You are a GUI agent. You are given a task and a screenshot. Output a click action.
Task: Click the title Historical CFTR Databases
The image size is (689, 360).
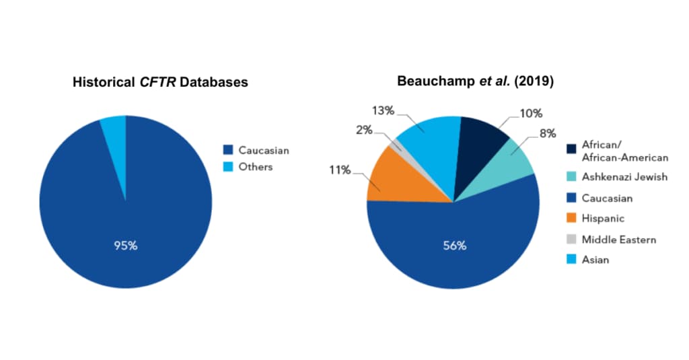click(160, 83)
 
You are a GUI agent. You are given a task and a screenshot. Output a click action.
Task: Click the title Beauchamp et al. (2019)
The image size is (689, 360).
click(476, 81)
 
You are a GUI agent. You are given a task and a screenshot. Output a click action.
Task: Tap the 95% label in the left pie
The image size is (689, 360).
click(125, 245)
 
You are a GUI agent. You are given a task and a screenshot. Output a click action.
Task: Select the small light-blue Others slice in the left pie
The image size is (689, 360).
click(114, 128)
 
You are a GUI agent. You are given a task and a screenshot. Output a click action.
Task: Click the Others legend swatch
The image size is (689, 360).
click(228, 166)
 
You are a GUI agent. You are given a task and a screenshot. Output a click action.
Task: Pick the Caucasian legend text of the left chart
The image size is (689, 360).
click(264, 150)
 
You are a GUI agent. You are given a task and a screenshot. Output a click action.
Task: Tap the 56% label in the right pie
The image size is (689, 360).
click(454, 246)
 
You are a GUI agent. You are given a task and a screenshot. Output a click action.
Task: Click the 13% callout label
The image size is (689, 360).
click(384, 110)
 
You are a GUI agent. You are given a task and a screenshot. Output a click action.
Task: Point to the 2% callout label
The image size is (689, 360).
click(364, 129)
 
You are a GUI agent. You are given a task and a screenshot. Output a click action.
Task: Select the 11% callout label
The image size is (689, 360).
click(340, 170)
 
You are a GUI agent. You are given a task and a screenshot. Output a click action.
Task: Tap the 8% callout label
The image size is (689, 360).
click(547, 133)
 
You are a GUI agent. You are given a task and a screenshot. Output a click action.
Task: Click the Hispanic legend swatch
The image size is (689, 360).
click(571, 219)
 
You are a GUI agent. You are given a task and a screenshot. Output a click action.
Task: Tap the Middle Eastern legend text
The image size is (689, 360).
click(618, 239)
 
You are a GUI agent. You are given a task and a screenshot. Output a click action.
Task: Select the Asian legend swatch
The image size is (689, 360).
click(571, 259)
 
